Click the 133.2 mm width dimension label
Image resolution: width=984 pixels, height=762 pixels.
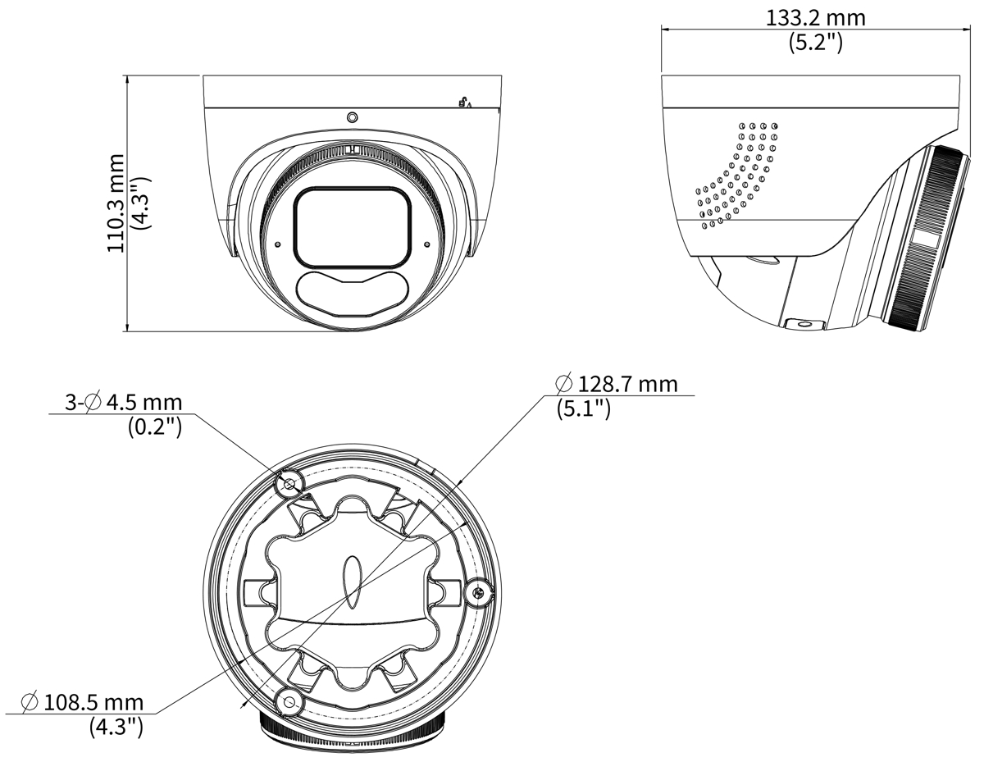pos(815,18)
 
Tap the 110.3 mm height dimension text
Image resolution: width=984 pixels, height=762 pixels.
pos(116,203)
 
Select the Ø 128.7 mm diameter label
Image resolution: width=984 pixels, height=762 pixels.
pos(617,385)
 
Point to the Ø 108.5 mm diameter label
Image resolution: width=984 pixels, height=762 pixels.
pos(83,702)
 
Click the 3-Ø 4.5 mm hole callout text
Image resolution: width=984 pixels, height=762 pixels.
pos(123,402)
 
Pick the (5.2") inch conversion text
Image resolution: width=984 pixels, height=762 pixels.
pos(816,43)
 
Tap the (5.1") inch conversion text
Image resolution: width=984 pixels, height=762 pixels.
pos(584,409)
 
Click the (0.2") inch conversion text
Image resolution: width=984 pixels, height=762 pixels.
pos(155,427)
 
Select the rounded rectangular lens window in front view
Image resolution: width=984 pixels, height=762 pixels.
pos(353,226)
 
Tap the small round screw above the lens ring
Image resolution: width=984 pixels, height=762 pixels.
pos(352,117)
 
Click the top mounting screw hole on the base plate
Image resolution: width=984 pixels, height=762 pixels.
pos(289,485)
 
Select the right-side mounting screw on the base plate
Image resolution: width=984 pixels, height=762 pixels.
pos(479,591)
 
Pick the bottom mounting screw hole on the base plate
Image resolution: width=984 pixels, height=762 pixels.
pos(289,702)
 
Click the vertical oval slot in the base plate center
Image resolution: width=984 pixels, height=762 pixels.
pos(353,582)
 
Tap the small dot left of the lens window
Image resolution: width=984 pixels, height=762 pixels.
pos(278,244)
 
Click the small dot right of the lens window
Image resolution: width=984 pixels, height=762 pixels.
pos(426,244)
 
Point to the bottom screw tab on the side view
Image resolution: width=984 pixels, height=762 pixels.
pos(804,324)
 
